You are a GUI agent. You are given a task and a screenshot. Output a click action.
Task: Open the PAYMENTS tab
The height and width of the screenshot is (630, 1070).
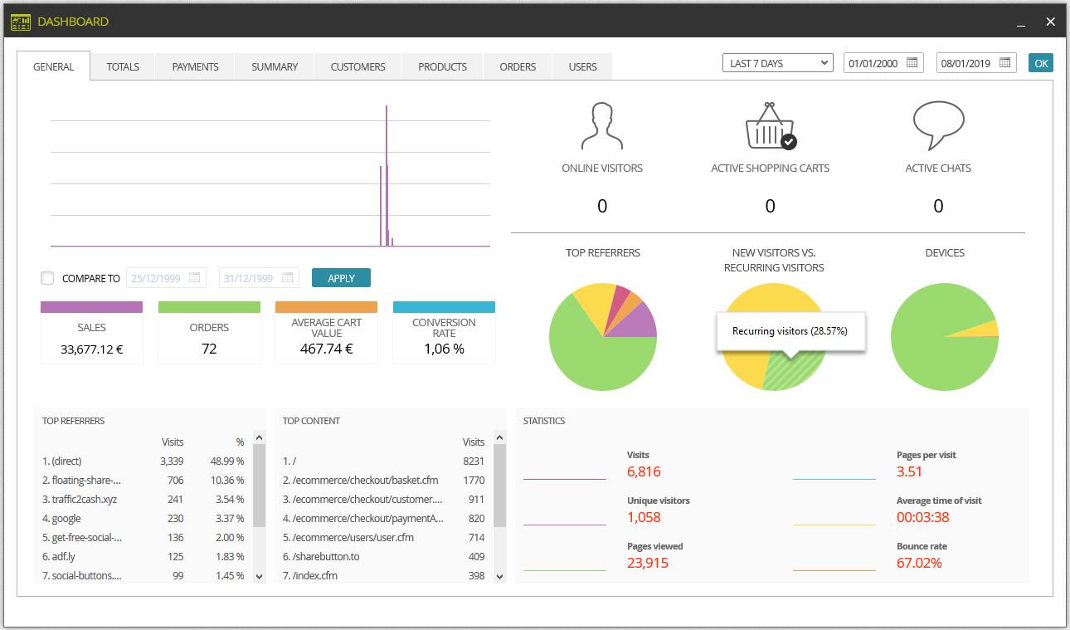pos(195,66)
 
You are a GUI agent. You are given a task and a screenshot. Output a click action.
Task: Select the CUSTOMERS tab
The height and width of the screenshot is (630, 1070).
pos(357,66)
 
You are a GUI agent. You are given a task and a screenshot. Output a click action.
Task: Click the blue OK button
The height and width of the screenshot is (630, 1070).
pos(1040,63)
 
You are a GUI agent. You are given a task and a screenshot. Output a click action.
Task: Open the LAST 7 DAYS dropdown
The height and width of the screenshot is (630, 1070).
pos(778,63)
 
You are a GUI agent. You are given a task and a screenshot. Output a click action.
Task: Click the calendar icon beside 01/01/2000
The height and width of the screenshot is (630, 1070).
pos(912,62)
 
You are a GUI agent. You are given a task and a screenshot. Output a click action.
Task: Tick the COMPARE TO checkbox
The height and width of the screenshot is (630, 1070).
pos(47,278)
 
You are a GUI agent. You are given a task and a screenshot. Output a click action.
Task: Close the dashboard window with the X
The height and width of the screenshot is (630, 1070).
pos(1050,22)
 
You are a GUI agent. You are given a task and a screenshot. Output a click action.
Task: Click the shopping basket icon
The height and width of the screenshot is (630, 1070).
pos(770,125)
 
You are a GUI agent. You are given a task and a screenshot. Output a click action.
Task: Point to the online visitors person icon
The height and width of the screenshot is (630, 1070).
pos(602,125)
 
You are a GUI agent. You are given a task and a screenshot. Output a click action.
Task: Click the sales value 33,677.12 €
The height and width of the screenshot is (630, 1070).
pos(92,349)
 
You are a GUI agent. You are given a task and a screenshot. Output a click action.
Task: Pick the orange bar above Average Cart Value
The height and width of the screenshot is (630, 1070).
pos(326,307)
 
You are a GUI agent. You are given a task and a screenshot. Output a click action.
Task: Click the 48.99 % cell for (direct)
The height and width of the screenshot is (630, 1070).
pos(227,461)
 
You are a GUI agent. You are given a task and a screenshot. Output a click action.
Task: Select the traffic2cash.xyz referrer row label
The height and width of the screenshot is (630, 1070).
pos(80,499)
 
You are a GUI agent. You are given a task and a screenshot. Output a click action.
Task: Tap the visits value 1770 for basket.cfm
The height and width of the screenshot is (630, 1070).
pos(474,480)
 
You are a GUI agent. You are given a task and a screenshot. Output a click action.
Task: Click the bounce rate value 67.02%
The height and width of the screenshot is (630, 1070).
pos(919,563)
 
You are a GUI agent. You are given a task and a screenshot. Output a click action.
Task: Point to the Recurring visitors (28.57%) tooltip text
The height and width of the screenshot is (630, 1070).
pos(790,331)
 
